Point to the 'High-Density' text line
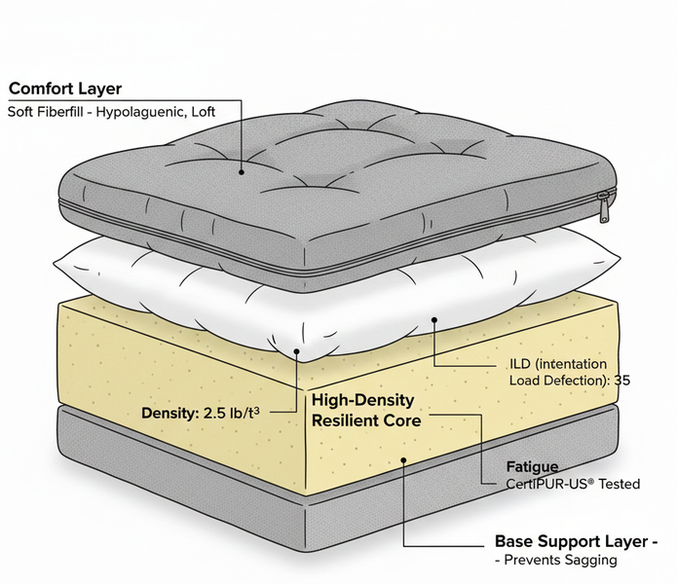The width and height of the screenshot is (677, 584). click(362, 400)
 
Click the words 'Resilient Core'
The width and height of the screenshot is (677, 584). click(366, 420)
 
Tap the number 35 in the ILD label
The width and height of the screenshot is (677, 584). click(621, 381)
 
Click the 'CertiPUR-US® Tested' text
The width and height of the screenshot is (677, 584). click(574, 484)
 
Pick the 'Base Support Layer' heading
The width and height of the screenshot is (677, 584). click(574, 541)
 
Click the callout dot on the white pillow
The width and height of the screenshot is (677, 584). click(432, 319)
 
